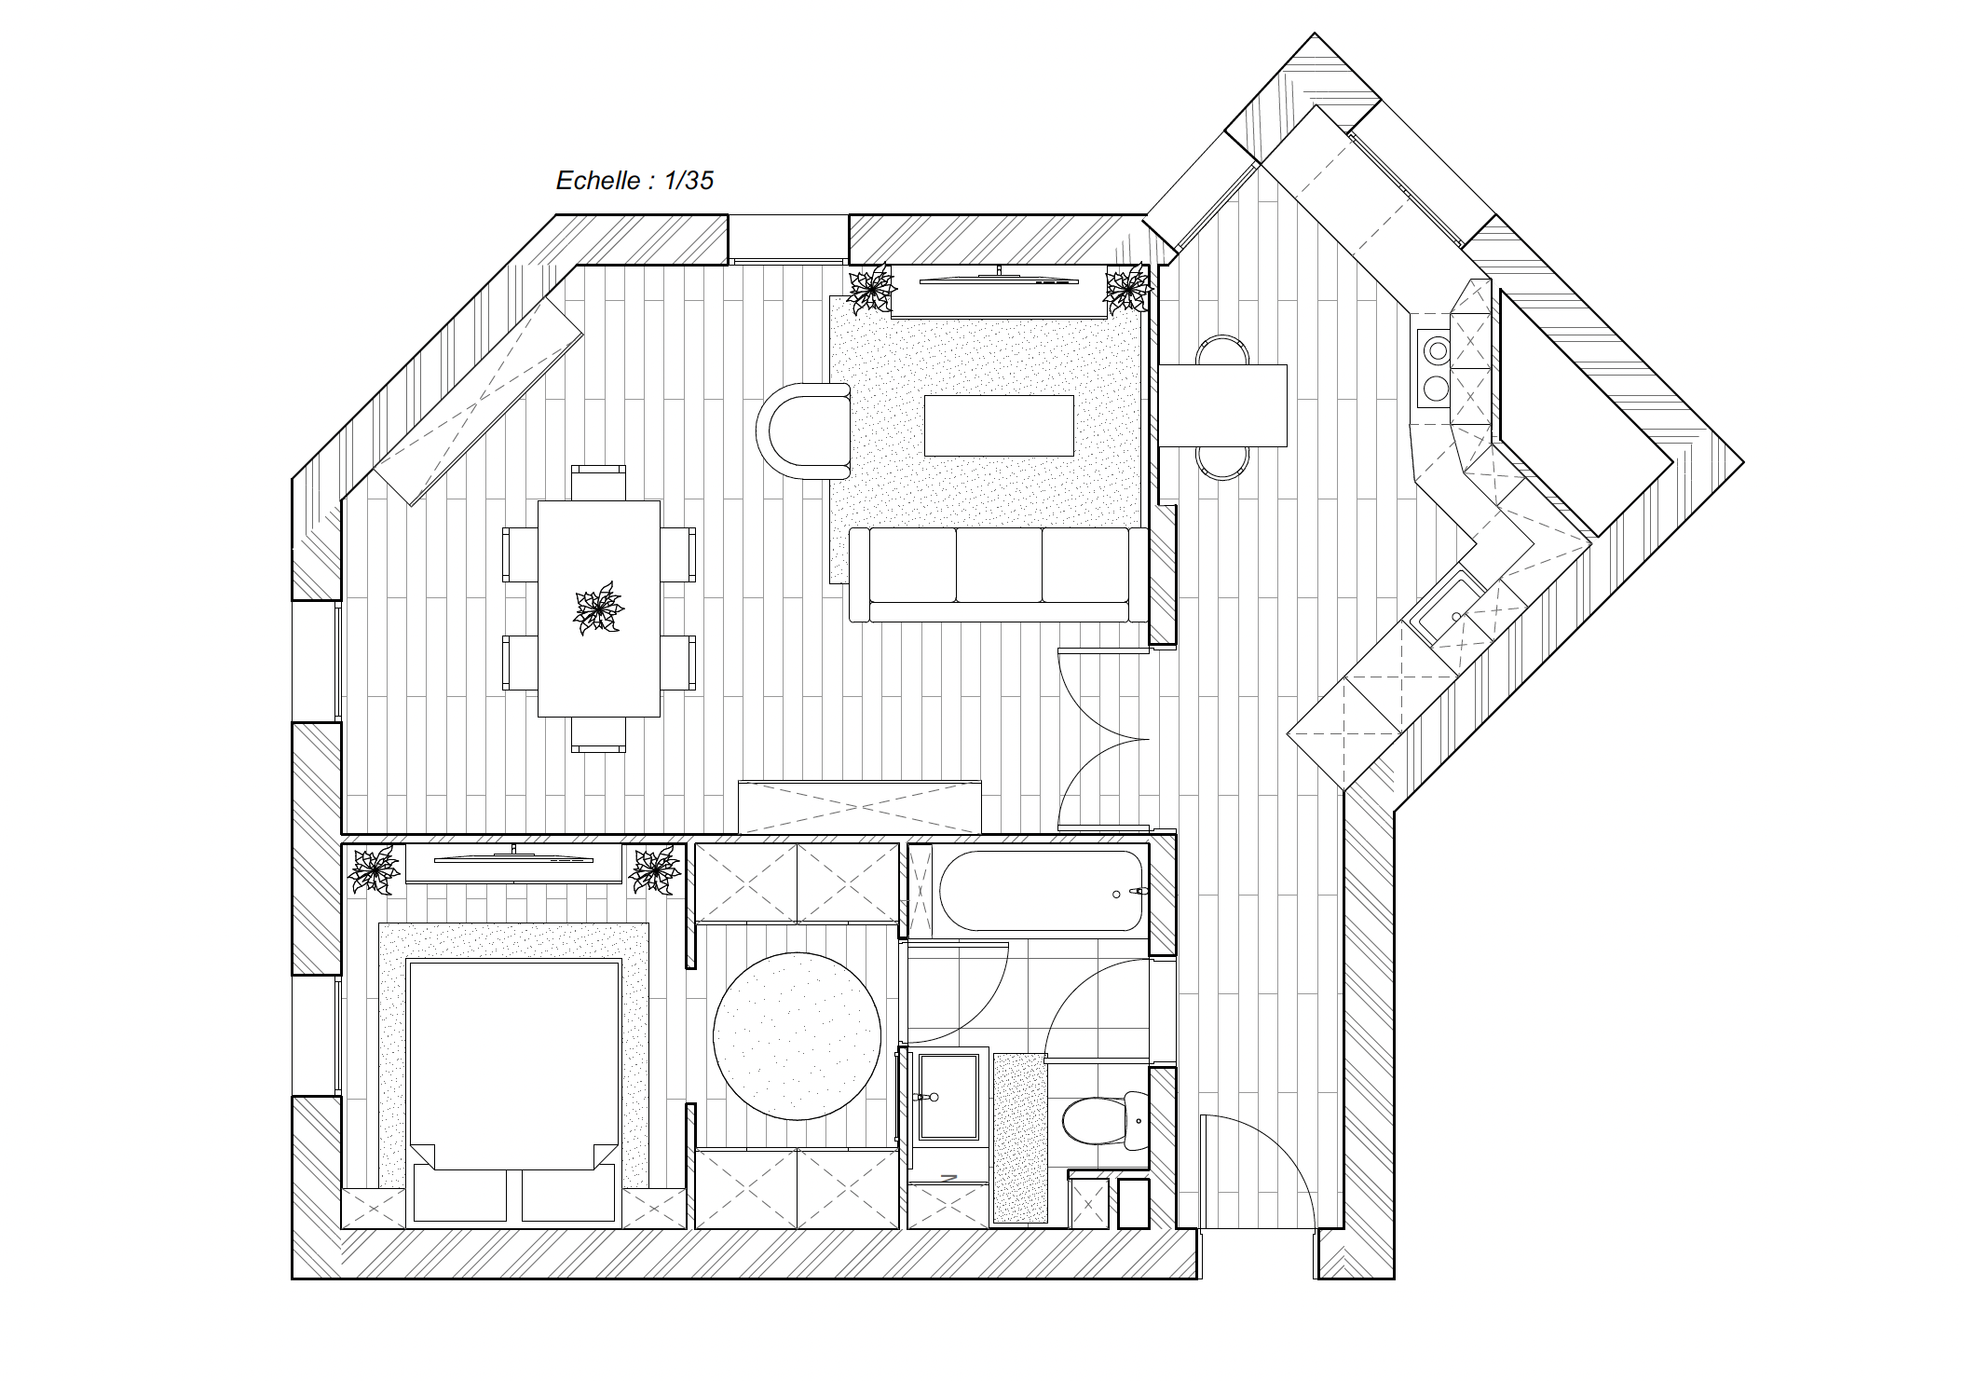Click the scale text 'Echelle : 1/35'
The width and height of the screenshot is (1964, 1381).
(634, 180)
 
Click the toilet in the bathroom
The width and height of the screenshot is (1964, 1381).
(1105, 1122)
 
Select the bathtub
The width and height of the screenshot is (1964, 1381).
(1041, 891)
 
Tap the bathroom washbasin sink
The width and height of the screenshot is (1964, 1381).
(948, 1098)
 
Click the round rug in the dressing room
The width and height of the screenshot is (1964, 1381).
(797, 1035)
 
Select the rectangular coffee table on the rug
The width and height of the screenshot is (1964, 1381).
(999, 425)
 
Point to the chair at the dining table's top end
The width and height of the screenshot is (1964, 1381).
(598, 482)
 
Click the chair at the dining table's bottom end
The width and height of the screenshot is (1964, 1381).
(598, 734)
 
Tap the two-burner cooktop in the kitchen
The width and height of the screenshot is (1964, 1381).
(1434, 367)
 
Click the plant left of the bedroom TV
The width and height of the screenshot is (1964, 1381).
(374, 869)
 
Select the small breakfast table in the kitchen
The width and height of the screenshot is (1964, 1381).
(1223, 405)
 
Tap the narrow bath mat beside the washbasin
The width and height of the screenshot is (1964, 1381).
(1020, 1138)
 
